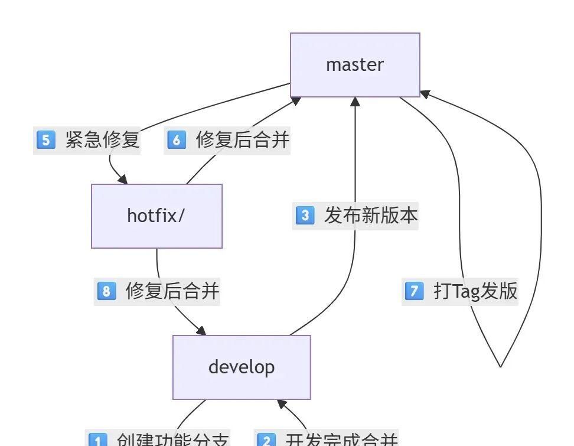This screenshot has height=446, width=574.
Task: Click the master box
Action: (355, 64)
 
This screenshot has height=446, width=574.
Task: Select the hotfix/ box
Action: (156, 216)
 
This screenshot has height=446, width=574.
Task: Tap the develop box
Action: (242, 367)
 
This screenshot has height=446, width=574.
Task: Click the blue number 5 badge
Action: (45, 140)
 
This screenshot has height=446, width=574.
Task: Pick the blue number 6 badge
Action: (177, 140)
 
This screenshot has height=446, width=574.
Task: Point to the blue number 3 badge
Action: (305, 215)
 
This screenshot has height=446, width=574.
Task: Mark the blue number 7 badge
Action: (414, 291)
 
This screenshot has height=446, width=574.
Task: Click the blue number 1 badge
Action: (97, 440)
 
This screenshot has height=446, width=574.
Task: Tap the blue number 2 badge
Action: (266, 440)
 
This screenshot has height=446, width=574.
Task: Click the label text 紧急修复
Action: (102, 140)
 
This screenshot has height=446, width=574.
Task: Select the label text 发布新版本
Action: (371, 215)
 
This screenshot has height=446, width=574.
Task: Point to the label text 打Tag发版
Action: (475, 291)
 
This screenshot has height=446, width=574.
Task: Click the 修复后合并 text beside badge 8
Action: (172, 291)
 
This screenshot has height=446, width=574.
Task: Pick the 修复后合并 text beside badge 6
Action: (243, 140)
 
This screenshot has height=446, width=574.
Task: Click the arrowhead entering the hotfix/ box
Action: (122, 179)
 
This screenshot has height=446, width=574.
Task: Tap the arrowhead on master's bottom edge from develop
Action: (355, 102)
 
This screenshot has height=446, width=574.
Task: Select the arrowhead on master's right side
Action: (425, 93)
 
